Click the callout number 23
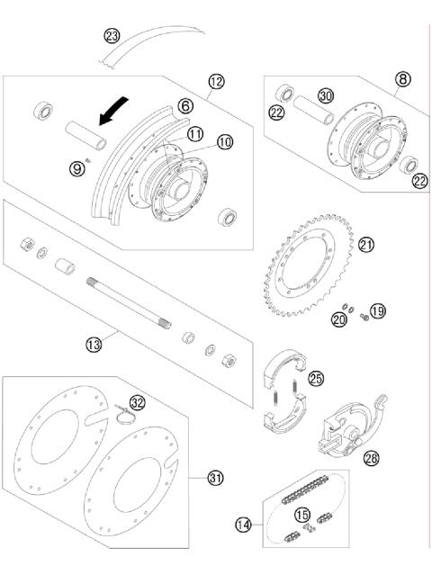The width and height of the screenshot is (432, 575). pyautogui.click(x=112, y=37)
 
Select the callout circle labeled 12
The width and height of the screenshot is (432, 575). pyautogui.click(x=216, y=83)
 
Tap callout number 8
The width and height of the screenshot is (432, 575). pyautogui.click(x=401, y=79)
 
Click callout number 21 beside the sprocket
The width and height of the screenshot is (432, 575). pyautogui.click(x=365, y=244)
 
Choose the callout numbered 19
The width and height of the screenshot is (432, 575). pyautogui.click(x=377, y=311)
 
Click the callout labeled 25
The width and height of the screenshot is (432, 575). pyautogui.click(x=314, y=379)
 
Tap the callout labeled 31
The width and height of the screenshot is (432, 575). pyautogui.click(x=215, y=477)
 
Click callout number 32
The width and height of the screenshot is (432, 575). pyautogui.click(x=137, y=402)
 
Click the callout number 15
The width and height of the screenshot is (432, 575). pyautogui.click(x=302, y=515)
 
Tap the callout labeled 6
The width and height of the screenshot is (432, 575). pyautogui.click(x=184, y=106)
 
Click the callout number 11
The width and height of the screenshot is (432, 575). pyautogui.click(x=195, y=133)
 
